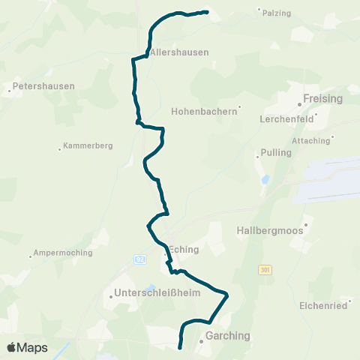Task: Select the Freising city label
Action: tap(322, 98)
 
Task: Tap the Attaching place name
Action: tap(310, 141)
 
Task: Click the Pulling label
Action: tap(274, 152)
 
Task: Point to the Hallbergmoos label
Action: tap(270, 230)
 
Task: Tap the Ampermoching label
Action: tap(63, 253)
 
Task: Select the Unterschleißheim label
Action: tap(157, 293)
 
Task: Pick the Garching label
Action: tap(227, 336)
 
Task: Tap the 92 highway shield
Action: tap(140, 259)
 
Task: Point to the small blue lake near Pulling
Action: tap(263, 180)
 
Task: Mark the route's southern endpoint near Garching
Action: tap(180, 347)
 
